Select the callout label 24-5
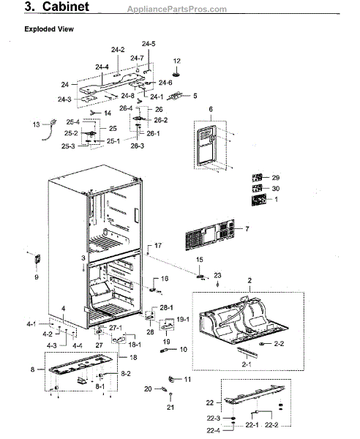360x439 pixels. tap(149, 44)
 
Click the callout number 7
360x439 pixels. tap(247, 229)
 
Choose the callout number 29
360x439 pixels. tap(275, 178)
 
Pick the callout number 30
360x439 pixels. tap(275, 188)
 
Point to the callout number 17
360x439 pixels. tap(157, 245)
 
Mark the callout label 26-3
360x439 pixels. tap(138, 146)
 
